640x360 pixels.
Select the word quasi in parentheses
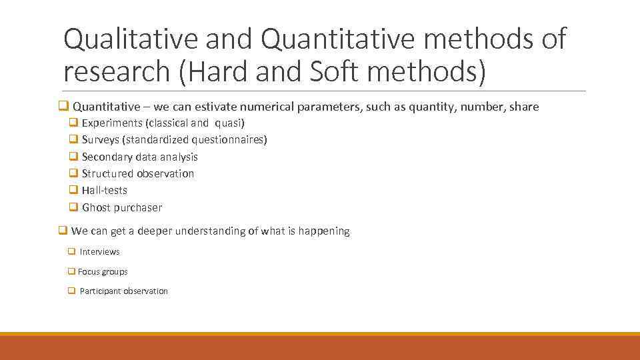(x=229, y=123)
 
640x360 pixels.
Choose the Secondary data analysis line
(x=139, y=157)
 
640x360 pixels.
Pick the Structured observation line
(x=137, y=174)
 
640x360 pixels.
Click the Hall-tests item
(x=104, y=191)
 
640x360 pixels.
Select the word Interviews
(x=99, y=252)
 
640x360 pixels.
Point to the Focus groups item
(x=103, y=272)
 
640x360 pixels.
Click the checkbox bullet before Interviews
(x=71, y=252)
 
